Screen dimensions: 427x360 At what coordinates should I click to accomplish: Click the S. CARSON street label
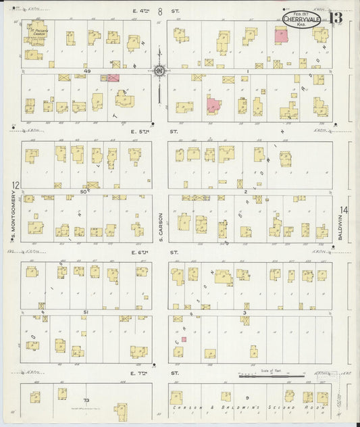(161, 222)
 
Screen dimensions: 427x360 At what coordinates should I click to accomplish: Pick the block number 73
(86, 401)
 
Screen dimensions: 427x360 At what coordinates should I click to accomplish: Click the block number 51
(86, 312)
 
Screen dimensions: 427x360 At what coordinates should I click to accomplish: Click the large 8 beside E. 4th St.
(160, 11)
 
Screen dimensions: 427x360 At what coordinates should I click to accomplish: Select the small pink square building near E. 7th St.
(183, 339)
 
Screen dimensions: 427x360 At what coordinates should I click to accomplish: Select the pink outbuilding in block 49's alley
(113, 78)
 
